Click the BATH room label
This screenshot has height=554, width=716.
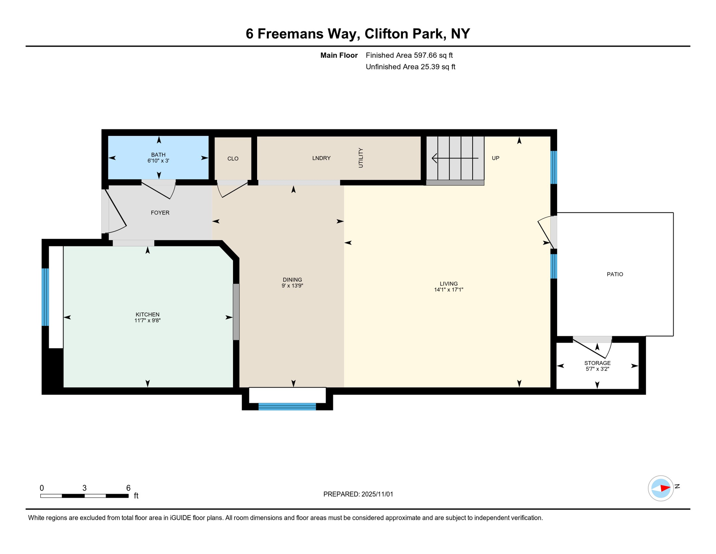(158, 155)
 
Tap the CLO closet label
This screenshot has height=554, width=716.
(233, 159)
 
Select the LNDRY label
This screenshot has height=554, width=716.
(321, 158)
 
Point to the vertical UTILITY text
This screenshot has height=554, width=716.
(361, 158)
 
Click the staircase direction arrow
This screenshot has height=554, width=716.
(455, 158)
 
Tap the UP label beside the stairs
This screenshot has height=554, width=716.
(496, 158)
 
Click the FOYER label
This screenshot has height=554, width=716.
(160, 213)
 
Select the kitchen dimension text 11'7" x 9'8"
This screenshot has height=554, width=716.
(147, 320)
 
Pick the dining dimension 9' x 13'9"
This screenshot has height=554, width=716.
(292, 286)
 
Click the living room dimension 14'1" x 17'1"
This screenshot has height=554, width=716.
(448, 290)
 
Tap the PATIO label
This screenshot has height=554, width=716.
(615, 274)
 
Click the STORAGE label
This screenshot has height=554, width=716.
(597, 363)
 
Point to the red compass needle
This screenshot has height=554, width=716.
(665, 488)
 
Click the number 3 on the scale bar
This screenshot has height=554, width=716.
(84, 488)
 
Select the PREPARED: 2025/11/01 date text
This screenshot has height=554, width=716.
(358, 494)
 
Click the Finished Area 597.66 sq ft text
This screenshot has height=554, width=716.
(409, 55)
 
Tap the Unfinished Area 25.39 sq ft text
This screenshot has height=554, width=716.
(410, 67)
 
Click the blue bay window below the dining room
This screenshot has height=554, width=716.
(287, 406)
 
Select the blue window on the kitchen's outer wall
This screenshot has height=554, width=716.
(45, 297)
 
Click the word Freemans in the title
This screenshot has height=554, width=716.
(306, 34)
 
